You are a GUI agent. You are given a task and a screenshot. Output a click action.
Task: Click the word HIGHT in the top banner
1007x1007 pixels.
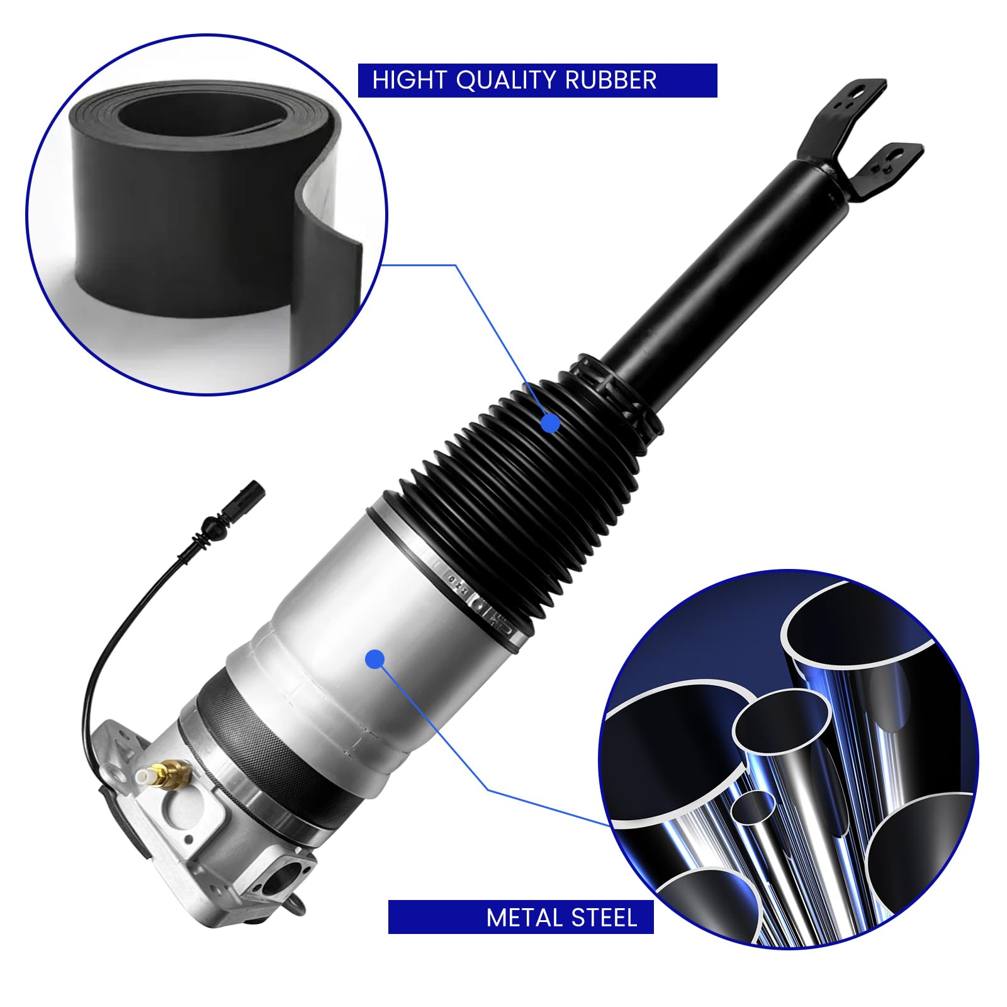[x=409, y=81]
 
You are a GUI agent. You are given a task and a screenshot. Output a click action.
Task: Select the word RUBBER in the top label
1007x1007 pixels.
[x=610, y=81]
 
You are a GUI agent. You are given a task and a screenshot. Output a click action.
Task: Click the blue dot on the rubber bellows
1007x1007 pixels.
[x=550, y=423]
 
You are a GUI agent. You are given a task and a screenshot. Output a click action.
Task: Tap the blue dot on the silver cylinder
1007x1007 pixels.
[x=374, y=659]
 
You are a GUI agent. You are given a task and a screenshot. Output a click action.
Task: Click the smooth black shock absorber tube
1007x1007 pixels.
[x=711, y=264]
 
